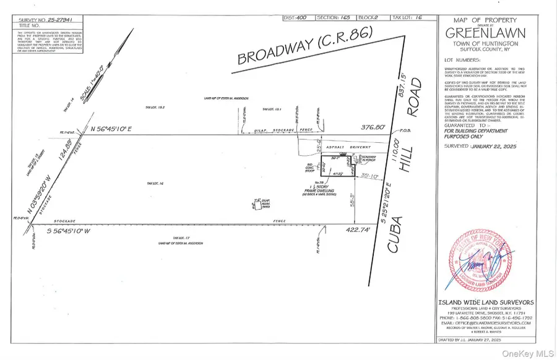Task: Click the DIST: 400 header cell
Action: pos(296,17)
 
